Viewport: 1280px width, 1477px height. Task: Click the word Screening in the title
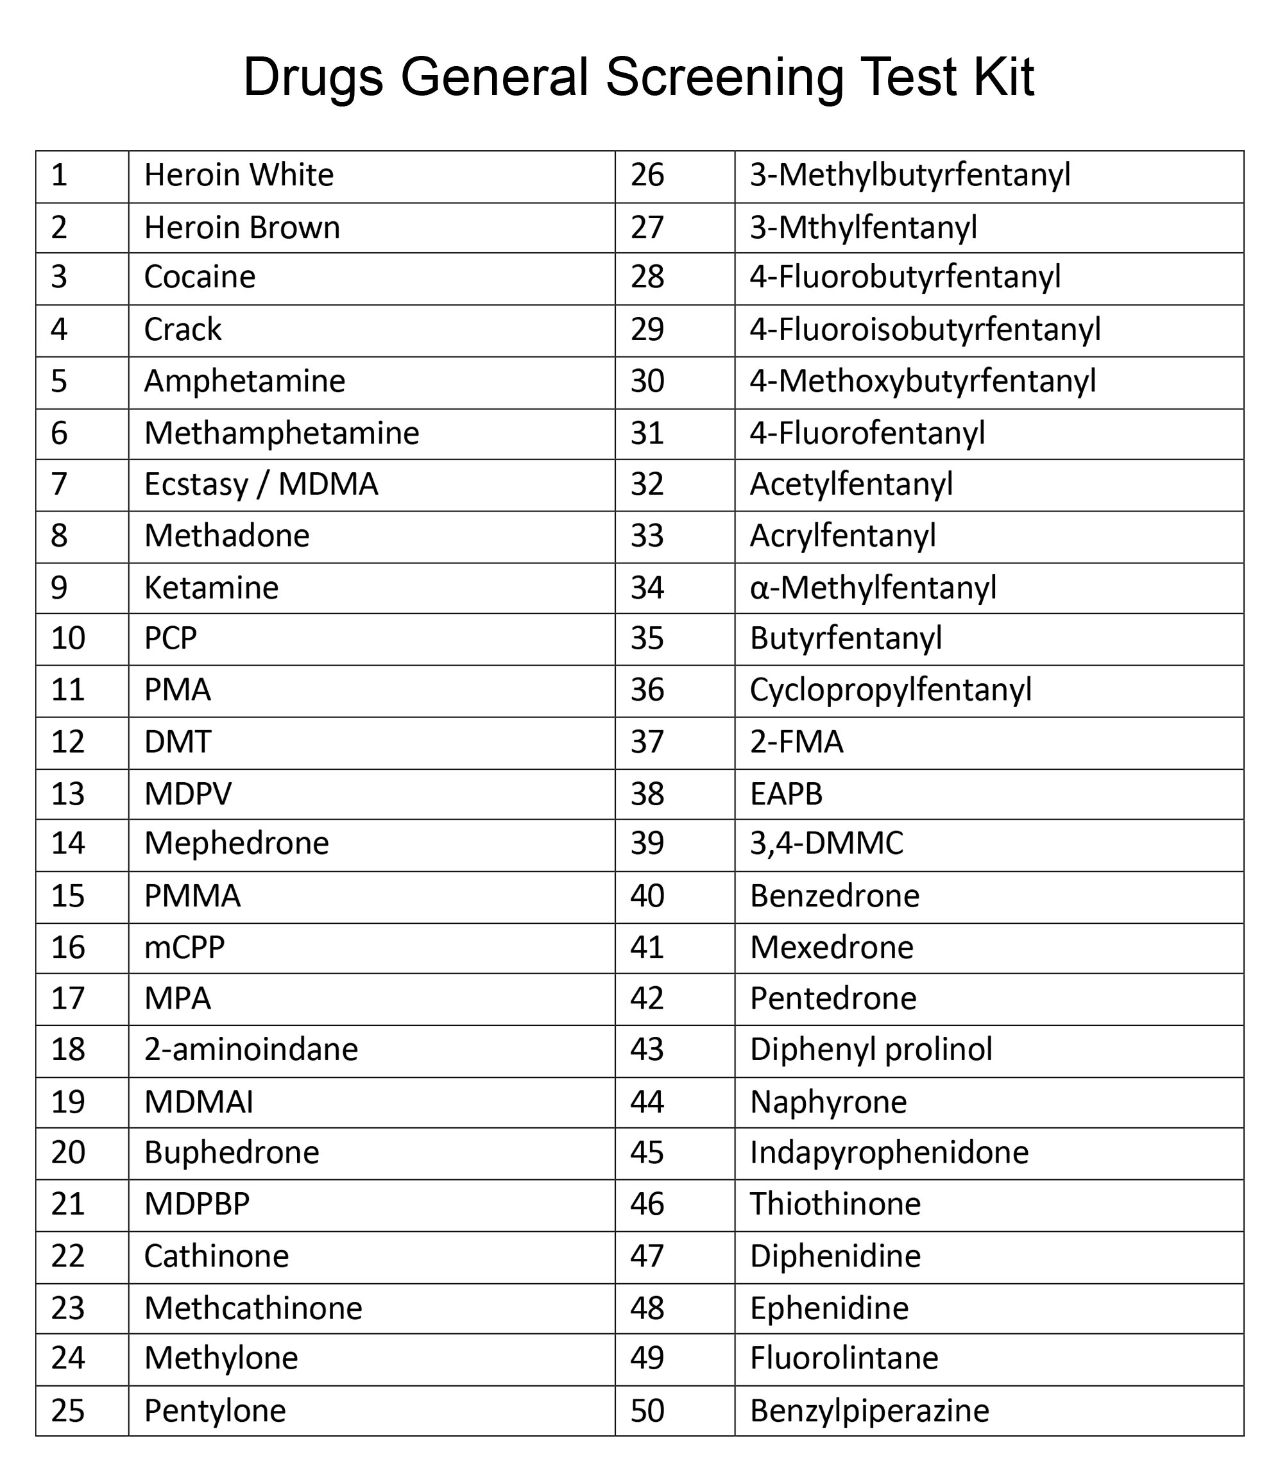(x=724, y=77)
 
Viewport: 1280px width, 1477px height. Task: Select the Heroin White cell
(x=239, y=175)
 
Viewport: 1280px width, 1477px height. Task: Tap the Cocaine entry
(x=200, y=277)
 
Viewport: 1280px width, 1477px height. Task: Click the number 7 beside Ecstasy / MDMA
(x=59, y=484)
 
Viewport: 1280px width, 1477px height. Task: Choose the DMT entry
(x=177, y=742)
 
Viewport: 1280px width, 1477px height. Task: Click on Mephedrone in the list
(x=235, y=844)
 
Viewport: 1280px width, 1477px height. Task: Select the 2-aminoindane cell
(x=251, y=1050)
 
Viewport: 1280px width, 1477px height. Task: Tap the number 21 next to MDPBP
(x=68, y=1204)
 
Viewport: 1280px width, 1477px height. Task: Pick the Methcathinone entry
(x=253, y=1308)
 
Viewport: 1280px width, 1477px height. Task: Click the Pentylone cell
(x=214, y=1410)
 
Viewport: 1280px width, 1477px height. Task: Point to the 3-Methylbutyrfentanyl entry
(x=909, y=175)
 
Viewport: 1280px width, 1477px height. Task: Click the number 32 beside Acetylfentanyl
(x=647, y=484)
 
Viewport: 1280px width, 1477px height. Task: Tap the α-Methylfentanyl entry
(x=872, y=588)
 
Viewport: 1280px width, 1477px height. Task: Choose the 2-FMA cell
(x=796, y=742)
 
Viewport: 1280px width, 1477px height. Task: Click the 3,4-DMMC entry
(x=826, y=844)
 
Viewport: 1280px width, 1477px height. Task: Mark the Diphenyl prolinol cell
(x=870, y=1050)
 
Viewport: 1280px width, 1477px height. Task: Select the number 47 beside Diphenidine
(x=647, y=1256)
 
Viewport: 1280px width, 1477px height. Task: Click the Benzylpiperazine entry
(x=869, y=1410)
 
